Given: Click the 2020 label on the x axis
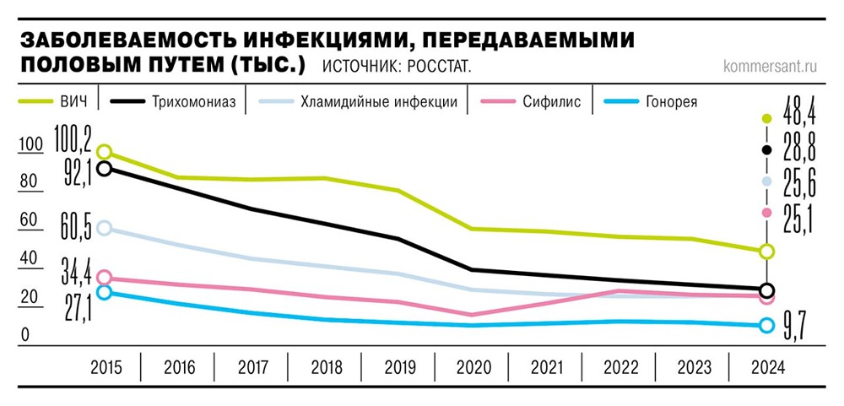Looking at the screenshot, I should click(x=473, y=368).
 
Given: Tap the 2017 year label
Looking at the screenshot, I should click(x=252, y=368).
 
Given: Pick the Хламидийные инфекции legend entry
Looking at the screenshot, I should click(x=380, y=102).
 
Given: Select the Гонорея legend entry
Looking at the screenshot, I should click(x=667, y=102).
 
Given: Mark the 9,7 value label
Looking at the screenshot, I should click(x=794, y=327).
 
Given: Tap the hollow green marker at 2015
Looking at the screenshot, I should click(x=105, y=152).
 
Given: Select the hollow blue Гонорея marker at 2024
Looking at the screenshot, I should click(x=766, y=326).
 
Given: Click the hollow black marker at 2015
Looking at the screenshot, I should click(x=105, y=168).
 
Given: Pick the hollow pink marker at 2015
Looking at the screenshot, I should click(x=105, y=278).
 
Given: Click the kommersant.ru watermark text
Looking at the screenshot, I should click(x=772, y=65).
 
